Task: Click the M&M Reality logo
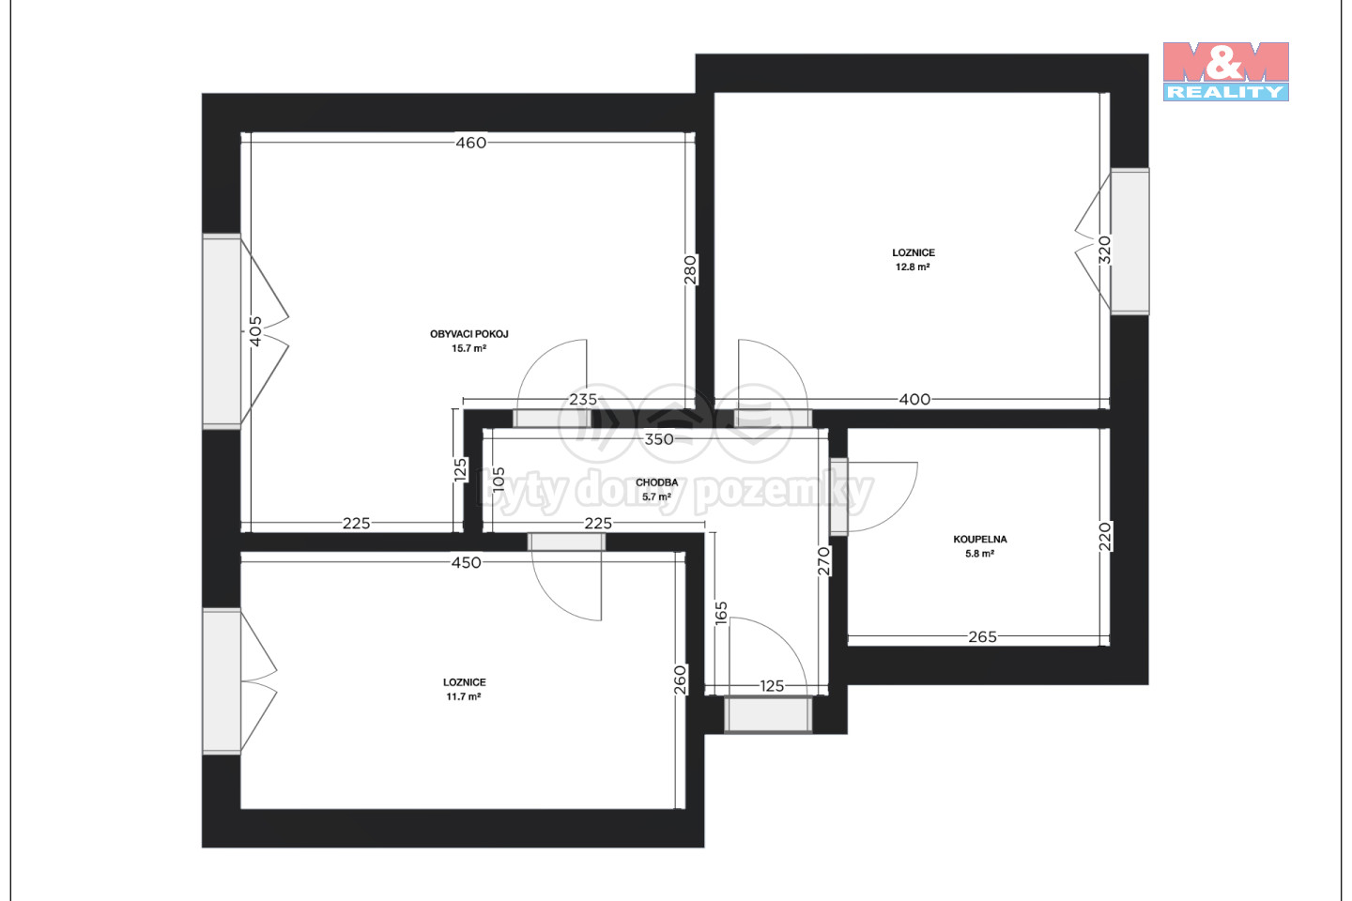tap(1226, 70)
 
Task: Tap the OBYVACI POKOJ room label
tap(469, 334)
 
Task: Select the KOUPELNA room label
tap(980, 539)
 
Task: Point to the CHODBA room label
tap(656, 482)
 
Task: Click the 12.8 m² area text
tap(913, 267)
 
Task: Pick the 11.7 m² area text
tap(464, 696)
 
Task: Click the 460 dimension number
tap(470, 143)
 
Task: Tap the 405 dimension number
tap(256, 331)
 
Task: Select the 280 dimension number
tap(690, 269)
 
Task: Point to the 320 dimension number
tap(1104, 250)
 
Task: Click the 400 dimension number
tap(915, 399)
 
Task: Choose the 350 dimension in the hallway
tap(658, 438)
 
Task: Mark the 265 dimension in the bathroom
tap(983, 636)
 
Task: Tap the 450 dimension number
tap(467, 562)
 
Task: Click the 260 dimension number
tap(680, 680)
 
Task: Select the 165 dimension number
tap(721, 613)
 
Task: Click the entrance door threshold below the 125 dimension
tap(768, 714)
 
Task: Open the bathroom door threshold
tap(839, 496)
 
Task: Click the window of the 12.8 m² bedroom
tap(1129, 241)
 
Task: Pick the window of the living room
tap(222, 331)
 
